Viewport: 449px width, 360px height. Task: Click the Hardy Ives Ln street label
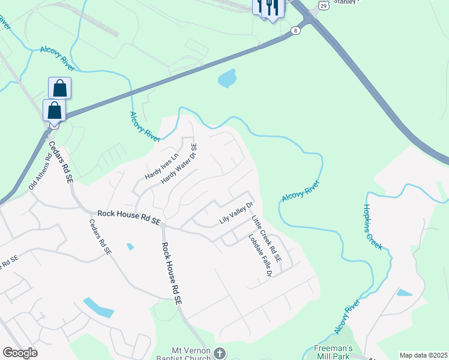162,167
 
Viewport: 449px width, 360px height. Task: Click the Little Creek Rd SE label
266,238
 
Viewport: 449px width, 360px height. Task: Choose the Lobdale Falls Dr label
261,255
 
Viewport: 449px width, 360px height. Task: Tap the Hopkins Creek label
372,226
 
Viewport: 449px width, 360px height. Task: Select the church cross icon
220,353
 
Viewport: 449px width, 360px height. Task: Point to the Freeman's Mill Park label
332,352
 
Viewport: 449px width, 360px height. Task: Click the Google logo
20,353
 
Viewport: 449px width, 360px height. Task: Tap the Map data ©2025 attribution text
423,355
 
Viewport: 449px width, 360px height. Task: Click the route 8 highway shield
295,30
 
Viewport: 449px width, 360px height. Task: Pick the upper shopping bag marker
60,88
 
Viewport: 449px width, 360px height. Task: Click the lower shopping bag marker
55,110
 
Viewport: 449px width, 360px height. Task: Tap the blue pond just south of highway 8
227,78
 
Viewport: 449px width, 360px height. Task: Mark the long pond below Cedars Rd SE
98,307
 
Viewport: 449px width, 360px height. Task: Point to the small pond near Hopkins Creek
405,293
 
